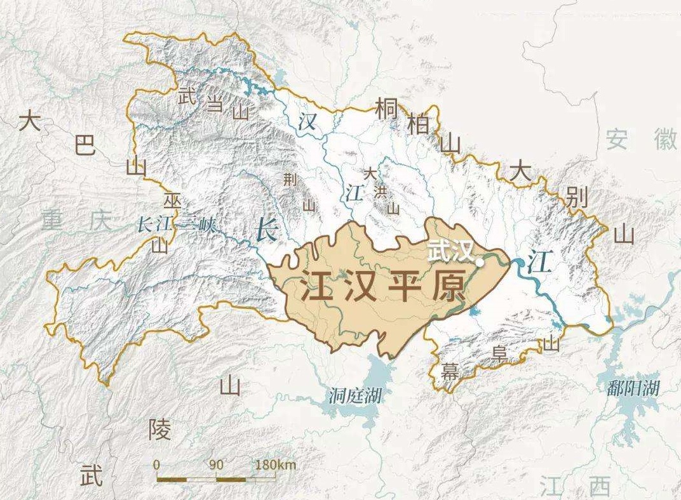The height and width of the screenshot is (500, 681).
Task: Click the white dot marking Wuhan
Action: point(480,260)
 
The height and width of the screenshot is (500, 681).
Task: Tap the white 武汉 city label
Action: point(450,250)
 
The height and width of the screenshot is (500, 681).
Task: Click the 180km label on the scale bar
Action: point(275,464)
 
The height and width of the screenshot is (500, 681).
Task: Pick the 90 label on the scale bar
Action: point(216,464)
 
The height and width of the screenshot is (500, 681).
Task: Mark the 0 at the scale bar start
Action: point(156,464)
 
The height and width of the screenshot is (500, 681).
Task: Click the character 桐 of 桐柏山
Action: point(387,109)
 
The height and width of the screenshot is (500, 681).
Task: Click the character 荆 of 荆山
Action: point(290,180)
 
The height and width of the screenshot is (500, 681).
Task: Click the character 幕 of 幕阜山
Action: point(450,372)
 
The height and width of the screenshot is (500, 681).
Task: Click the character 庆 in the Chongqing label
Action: point(100,221)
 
